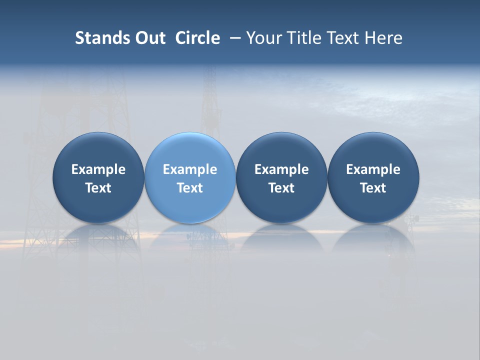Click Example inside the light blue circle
click(x=190, y=169)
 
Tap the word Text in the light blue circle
click(x=190, y=188)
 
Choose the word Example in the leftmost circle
click(x=98, y=169)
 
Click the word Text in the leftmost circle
click(x=98, y=188)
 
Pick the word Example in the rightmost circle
click(x=373, y=169)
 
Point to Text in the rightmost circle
click(x=373, y=188)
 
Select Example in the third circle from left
click(x=281, y=169)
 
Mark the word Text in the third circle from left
click(x=281, y=188)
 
